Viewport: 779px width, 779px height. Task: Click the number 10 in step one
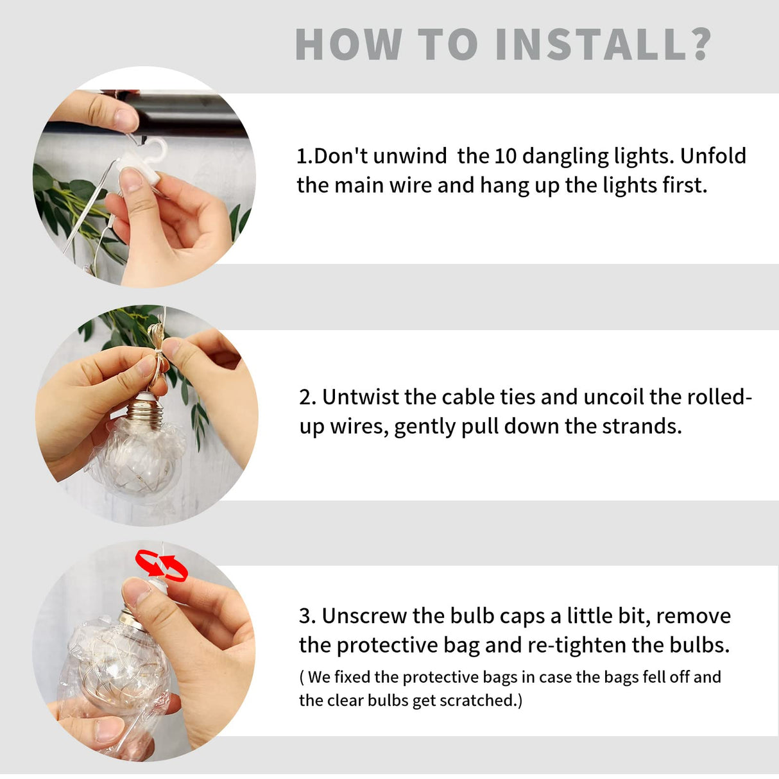click(505, 156)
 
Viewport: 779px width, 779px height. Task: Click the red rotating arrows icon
click(160, 565)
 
